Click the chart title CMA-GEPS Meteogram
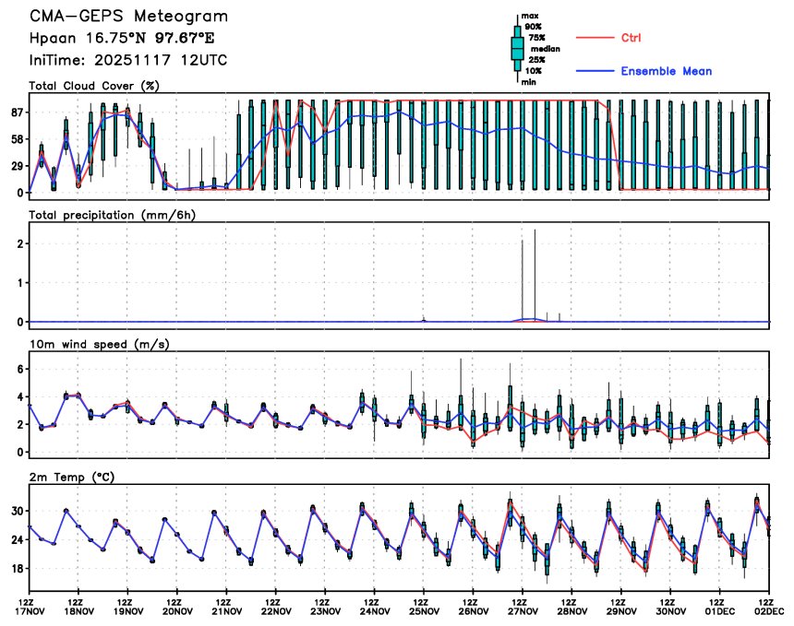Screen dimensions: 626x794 pos(128,17)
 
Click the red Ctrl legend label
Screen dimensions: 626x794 pos(631,38)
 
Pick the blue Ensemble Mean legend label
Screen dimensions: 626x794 pos(666,71)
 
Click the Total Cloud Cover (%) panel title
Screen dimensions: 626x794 pos(93,87)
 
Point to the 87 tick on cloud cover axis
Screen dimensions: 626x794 pos(18,112)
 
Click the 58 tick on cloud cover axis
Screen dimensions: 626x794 pos(18,139)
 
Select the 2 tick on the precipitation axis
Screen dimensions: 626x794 pos(20,243)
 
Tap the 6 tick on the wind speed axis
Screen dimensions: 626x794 pos(20,368)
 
